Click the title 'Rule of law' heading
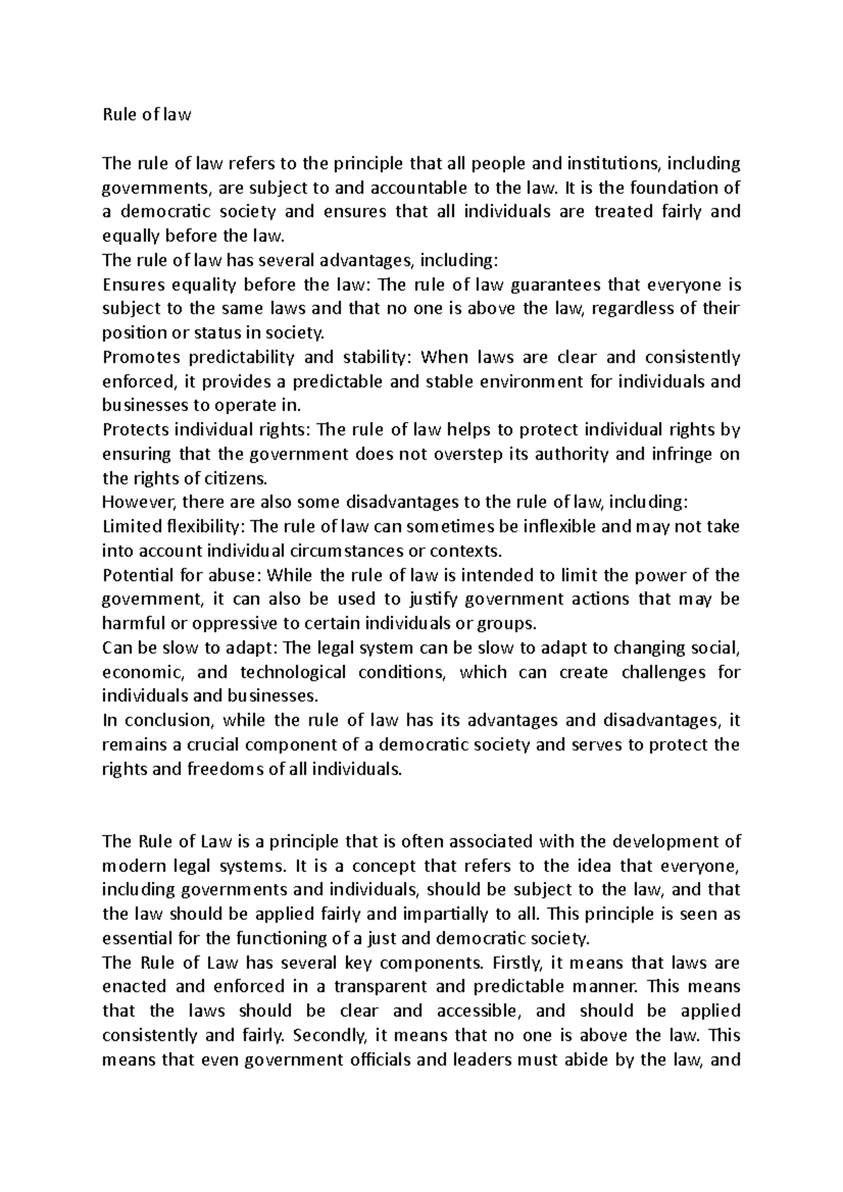coord(146,115)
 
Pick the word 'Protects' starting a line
coord(136,430)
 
